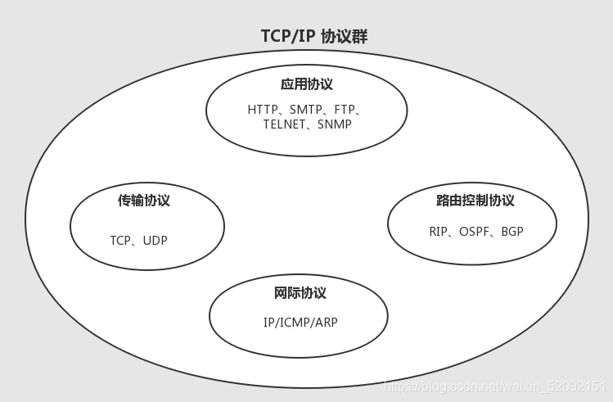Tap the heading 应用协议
(x=307, y=84)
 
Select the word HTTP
(x=262, y=109)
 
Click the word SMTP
(x=305, y=109)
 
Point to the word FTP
(x=345, y=109)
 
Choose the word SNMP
(x=335, y=124)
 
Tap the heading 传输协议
(x=144, y=200)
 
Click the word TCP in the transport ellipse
(x=121, y=241)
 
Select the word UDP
(x=155, y=241)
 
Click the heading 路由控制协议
(x=476, y=201)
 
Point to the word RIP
(x=438, y=232)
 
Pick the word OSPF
(x=473, y=232)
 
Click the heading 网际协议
(x=300, y=293)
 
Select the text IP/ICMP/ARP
(x=300, y=323)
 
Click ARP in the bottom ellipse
(x=327, y=323)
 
